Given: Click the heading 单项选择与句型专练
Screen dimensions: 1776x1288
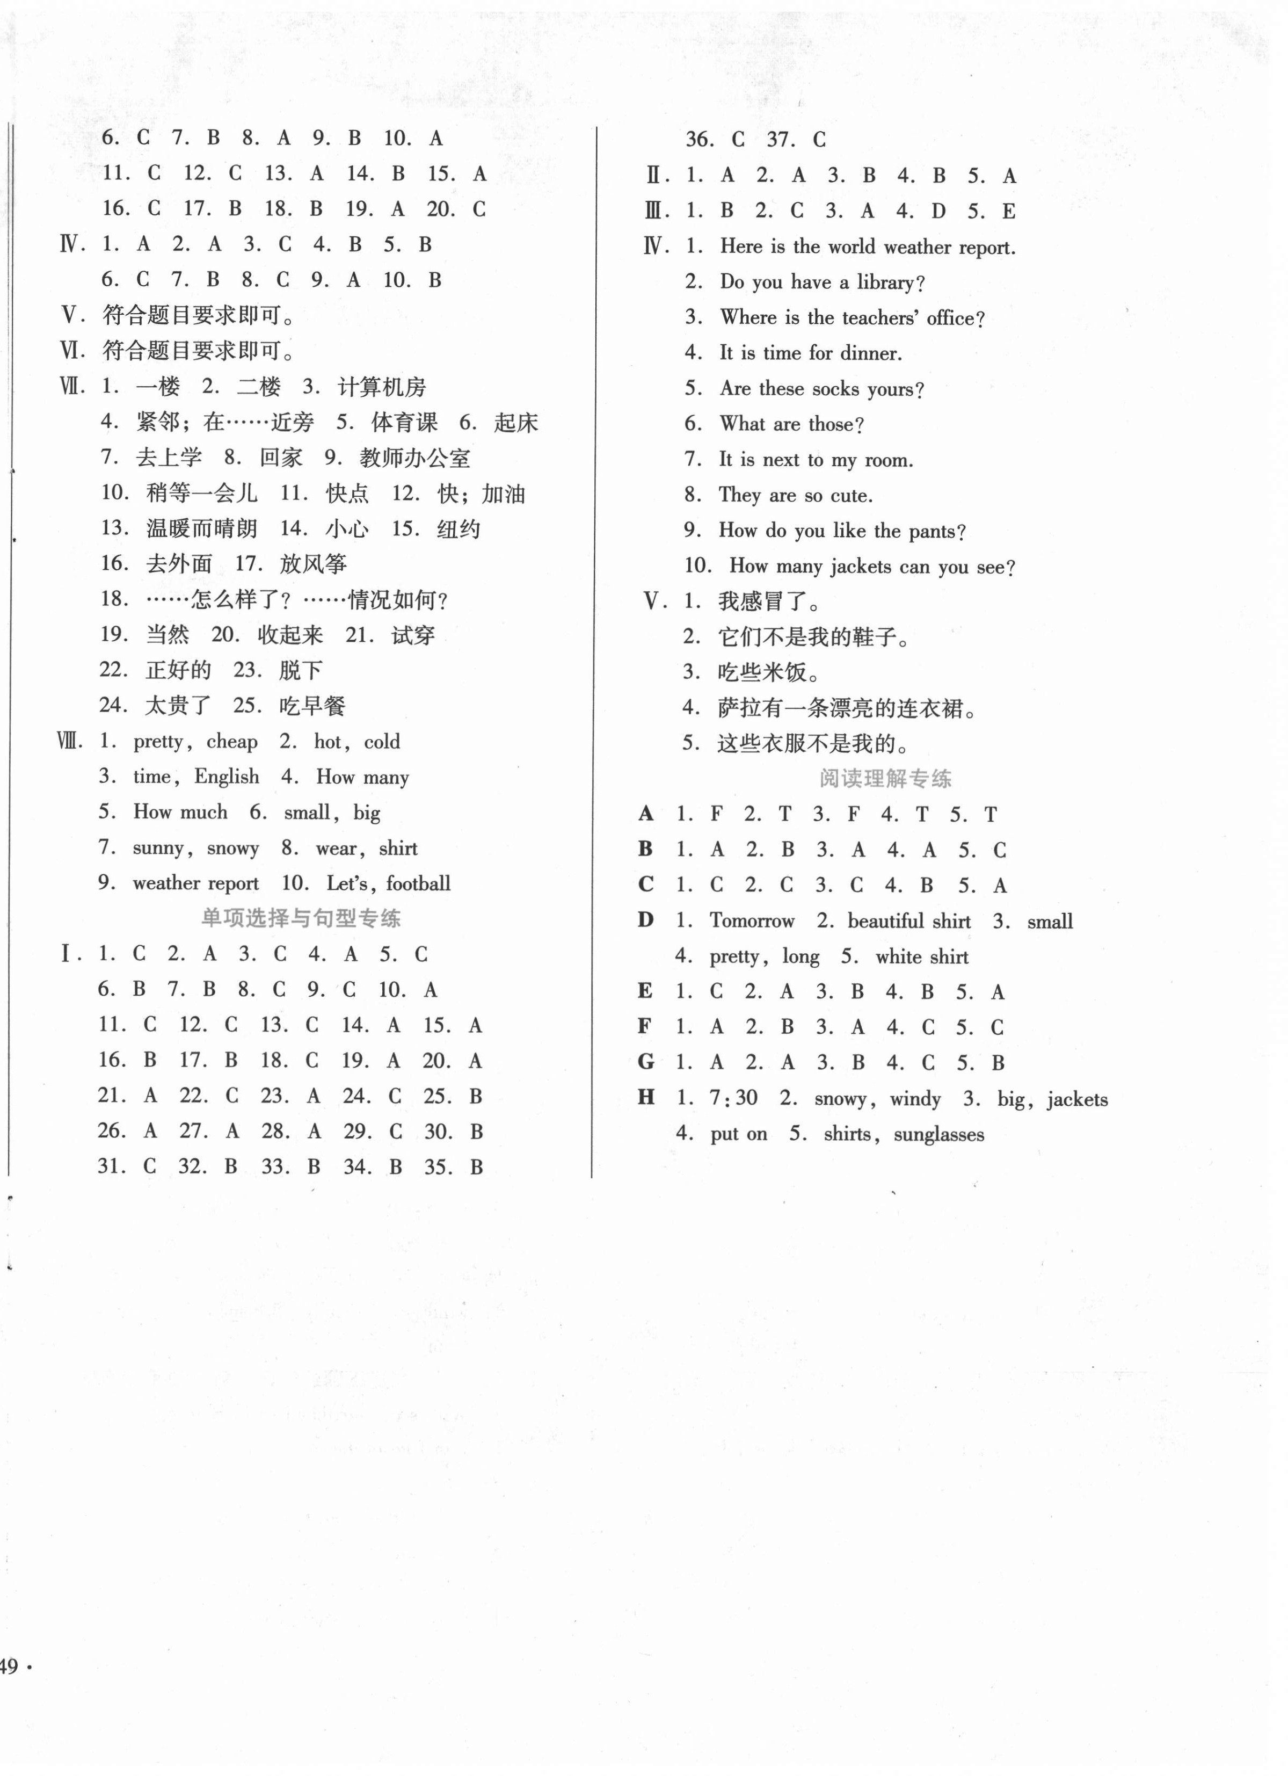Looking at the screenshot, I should click(301, 918).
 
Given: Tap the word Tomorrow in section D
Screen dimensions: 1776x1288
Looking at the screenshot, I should click(752, 921).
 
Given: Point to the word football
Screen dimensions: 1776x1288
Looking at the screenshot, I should click(418, 884).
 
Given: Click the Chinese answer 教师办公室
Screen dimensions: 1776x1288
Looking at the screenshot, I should click(415, 458).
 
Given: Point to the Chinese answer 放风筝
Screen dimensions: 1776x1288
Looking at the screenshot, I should click(313, 564).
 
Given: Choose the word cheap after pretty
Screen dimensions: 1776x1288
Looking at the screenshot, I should click(232, 742).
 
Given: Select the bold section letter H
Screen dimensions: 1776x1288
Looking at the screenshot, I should click(646, 1097).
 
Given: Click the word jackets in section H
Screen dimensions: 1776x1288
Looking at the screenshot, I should click(1076, 1099).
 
